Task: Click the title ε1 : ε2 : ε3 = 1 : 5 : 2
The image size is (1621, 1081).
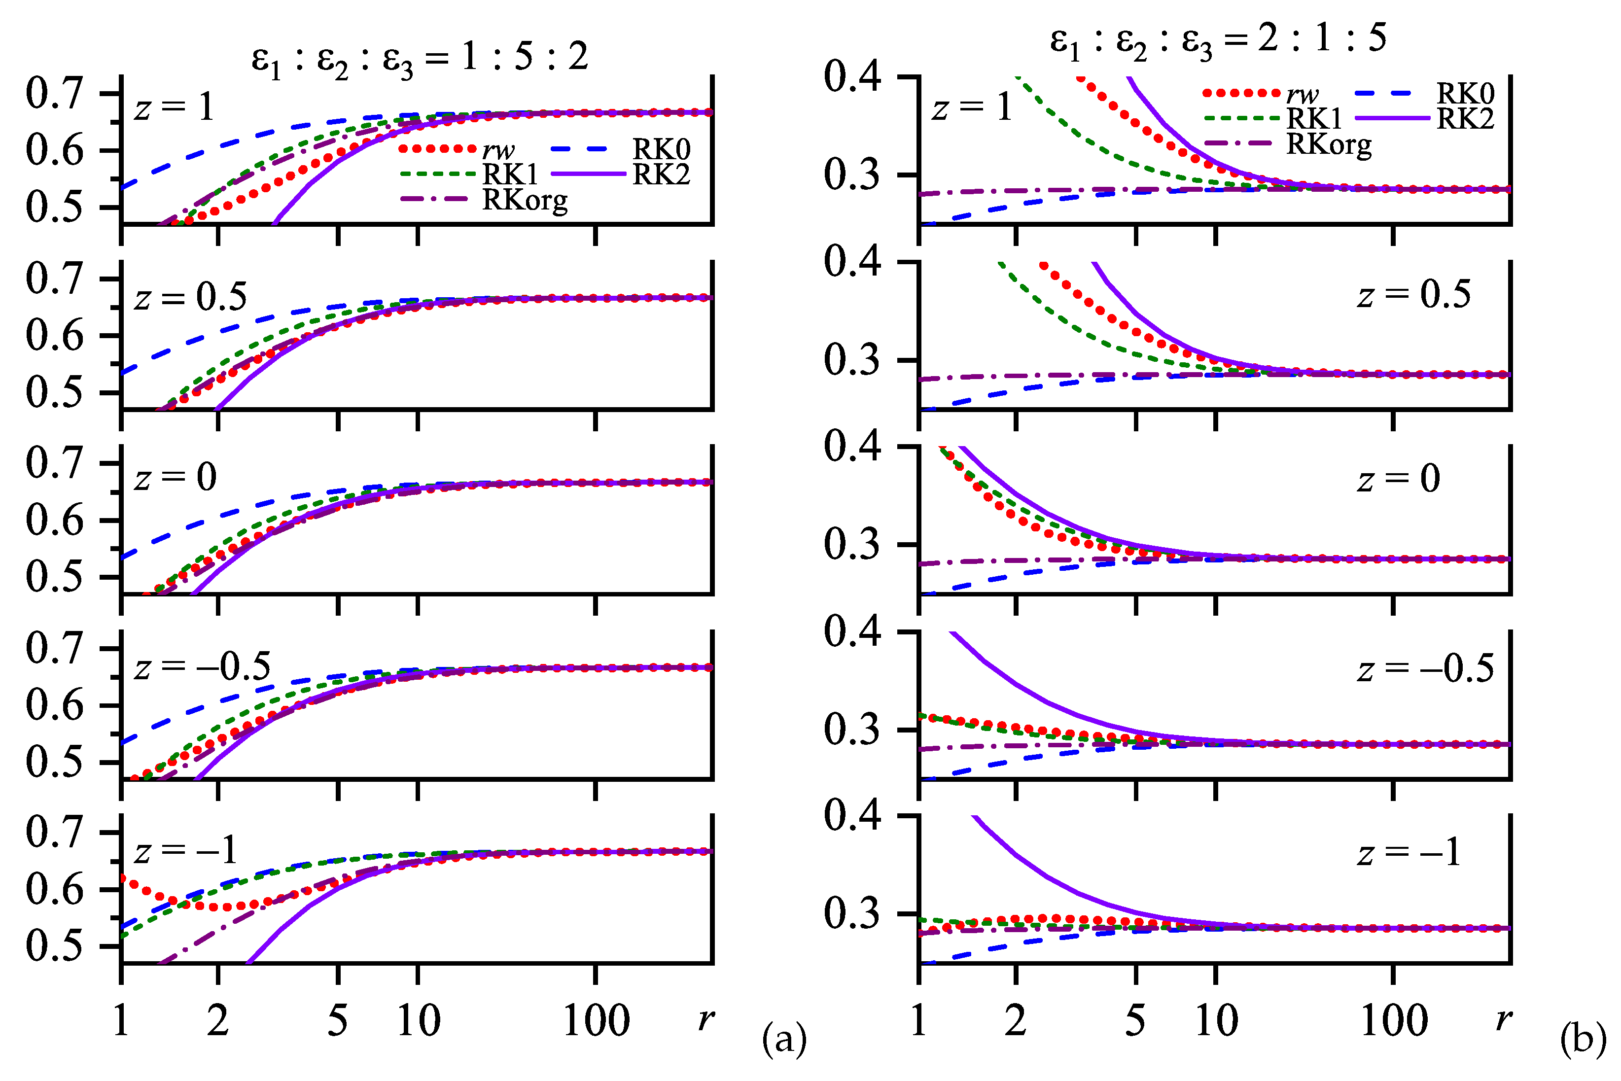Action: point(419,59)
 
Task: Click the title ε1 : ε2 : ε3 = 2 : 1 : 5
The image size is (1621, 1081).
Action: point(1218,40)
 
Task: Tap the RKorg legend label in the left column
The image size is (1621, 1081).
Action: point(525,200)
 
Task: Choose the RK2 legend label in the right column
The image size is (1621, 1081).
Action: point(1465,119)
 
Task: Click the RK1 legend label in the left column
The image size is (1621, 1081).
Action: point(510,174)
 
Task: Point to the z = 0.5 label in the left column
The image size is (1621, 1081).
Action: point(190,297)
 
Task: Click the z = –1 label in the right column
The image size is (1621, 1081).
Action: point(1409,853)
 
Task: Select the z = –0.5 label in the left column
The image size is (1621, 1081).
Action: point(202,666)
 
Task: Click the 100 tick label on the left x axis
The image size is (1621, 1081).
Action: point(596,1021)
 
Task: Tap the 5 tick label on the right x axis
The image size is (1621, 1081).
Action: point(1135,1021)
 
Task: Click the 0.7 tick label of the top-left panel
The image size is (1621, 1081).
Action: point(54,93)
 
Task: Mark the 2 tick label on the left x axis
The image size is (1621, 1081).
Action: point(218,1021)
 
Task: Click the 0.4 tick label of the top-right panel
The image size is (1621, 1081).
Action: point(852,76)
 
